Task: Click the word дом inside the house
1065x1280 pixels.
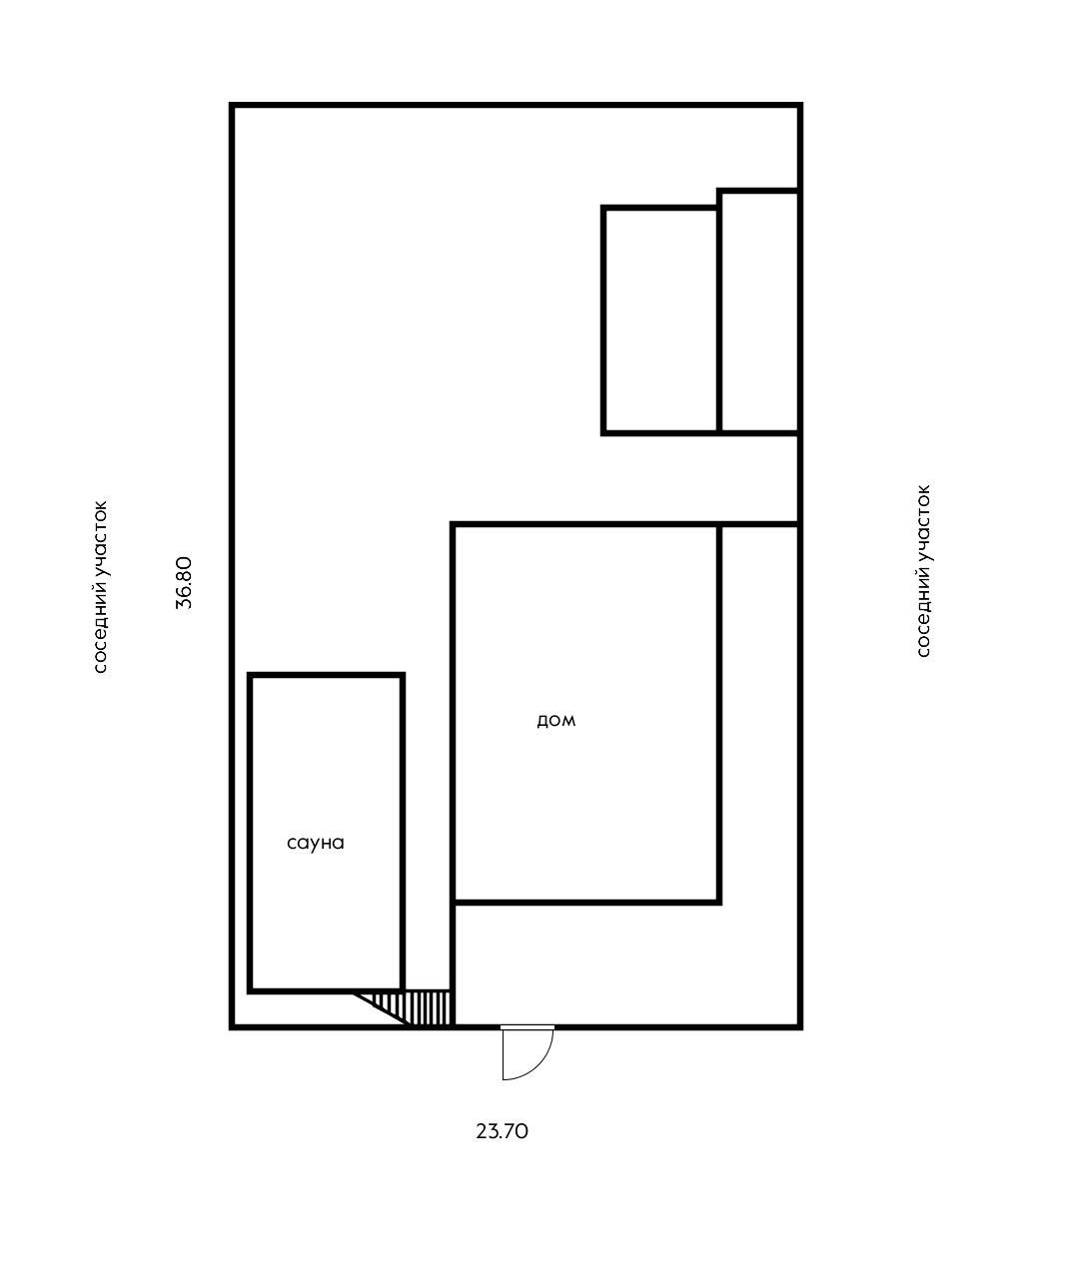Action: [555, 720]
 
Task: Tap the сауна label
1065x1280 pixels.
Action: [316, 844]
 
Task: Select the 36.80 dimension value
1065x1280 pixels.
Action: [184, 583]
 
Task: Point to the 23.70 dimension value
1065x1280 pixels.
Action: [502, 1131]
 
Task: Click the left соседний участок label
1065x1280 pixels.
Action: [100, 587]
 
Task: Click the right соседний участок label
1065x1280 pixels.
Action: [923, 571]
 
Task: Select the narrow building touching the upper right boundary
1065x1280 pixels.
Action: [760, 313]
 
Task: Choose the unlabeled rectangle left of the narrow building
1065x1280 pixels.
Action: [660, 320]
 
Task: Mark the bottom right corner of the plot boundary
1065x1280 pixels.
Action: [800, 1026]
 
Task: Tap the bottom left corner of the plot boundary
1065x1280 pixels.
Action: [232, 1026]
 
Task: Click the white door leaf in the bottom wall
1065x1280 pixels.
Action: [528, 1027]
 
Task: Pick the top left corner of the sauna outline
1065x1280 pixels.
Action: [251, 675]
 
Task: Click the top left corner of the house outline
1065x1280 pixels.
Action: [453, 524]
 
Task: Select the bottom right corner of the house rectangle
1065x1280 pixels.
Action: [719, 903]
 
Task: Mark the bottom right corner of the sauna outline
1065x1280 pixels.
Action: [403, 990]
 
